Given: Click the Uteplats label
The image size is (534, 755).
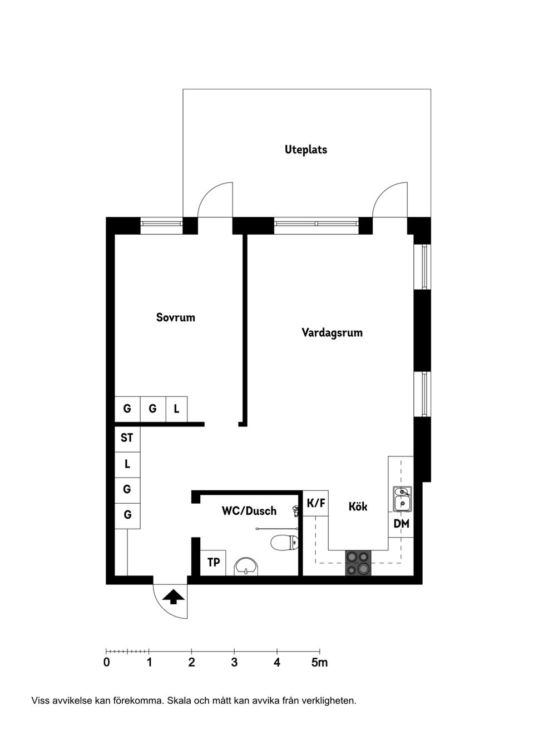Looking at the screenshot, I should [306, 150].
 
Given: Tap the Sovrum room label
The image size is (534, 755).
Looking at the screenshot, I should [175, 317].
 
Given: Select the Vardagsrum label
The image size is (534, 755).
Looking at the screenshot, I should [332, 332].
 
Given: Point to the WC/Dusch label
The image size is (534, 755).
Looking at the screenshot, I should [249, 510].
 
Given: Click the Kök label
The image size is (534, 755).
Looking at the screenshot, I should [358, 506].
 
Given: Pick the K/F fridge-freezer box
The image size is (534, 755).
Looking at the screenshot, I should [316, 504].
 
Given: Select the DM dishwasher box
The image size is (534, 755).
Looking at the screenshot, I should [401, 524].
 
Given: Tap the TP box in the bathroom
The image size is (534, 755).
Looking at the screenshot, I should [213, 563].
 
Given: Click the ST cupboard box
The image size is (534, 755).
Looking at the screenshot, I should [127, 438].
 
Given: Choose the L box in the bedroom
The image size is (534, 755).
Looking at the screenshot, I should [176, 409].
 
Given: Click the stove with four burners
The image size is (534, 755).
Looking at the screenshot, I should [358, 563].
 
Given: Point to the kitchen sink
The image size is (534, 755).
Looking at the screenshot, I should [402, 499].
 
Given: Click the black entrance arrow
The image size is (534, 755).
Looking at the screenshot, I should [174, 597].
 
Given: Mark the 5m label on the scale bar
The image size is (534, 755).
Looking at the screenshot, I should [319, 663].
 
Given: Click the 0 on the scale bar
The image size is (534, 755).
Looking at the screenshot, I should [107, 663].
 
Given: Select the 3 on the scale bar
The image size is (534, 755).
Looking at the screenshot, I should [234, 663].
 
